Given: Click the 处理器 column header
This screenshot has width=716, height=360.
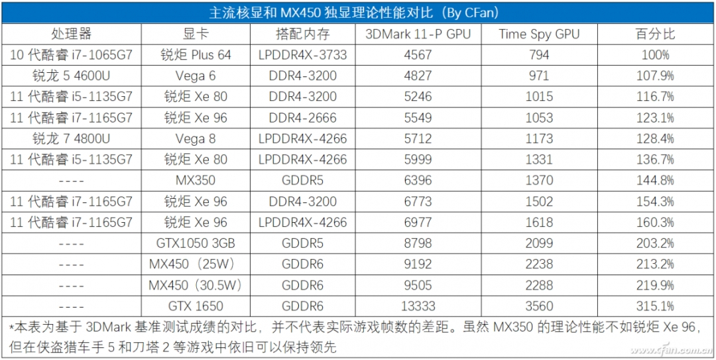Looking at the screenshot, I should [x=72, y=34].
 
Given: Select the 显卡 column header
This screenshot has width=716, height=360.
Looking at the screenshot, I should [x=196, y=34].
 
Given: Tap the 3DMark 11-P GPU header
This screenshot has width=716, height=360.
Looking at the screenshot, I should [x=418, y=34].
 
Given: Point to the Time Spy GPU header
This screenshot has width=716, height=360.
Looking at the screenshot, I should [x=539, y=34].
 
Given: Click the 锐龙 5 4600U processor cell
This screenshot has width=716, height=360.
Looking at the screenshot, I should [x=72, y=76].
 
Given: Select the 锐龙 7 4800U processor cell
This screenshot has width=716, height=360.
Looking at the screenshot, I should [x=72, y=139].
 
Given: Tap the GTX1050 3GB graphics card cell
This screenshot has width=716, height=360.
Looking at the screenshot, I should [x=196, y=243].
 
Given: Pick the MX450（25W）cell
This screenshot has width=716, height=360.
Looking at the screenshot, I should [x=196, y=265].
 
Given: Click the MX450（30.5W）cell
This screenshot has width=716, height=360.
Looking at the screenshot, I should [x=196, y=286].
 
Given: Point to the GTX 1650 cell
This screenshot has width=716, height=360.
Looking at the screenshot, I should [x=196, y=306].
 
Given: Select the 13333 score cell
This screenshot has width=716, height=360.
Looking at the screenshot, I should [x=418, y=306].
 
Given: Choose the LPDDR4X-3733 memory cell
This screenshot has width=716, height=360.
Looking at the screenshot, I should [x=303, y=55].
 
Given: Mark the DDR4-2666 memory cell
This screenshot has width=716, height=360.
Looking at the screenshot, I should [x=303, y=118].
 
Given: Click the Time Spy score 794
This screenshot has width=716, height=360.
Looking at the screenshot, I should [x=539, y=55].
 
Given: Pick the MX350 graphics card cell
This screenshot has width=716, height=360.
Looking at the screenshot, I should [x=196, y=180].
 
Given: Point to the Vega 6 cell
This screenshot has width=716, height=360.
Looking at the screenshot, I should [x=196, y=76].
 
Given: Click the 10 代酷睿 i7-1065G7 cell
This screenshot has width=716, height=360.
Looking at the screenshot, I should [x=72, y=55].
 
